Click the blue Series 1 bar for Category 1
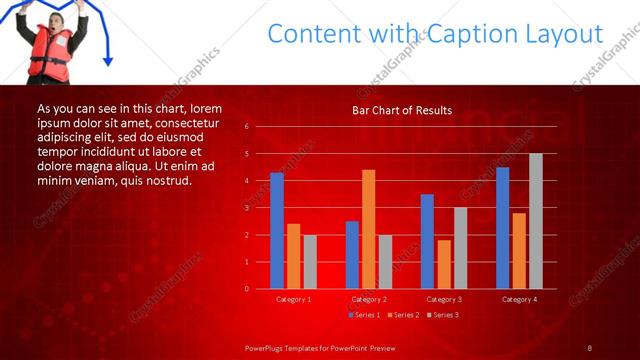click(x=277, y=230)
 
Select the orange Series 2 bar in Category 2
click(x=368, y=229)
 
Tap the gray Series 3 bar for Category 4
click(x=535, y=221)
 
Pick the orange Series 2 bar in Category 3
click(x=444, y=264)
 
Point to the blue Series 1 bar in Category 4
click(x=502, y=228)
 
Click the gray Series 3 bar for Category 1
click(x=310, y=262)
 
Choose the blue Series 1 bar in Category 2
click(x=352, y=255)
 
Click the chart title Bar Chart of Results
click(x=402, y=110)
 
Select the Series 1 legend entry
click(x=362, y=315)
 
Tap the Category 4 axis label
click(x=518, y=299)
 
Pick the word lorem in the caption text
click(x=205, y=108)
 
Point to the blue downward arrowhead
click(x=108, y=61)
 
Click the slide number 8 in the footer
click(x=590, y=347)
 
